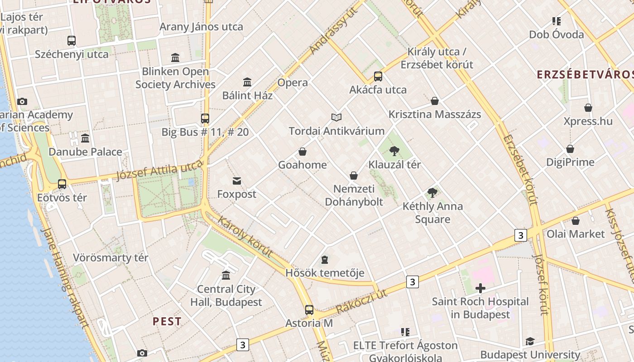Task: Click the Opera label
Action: click(293, 83)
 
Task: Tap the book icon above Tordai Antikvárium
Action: click(336, 118)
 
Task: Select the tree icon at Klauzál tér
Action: click(394, 151)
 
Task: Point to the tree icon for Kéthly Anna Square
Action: click(432, 193)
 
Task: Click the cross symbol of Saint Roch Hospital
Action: click(480, 288)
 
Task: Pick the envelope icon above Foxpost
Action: click(236, 181)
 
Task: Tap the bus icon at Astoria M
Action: click(309, 310)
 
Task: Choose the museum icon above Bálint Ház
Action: click(247, 82)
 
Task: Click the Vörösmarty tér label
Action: click(110, 258)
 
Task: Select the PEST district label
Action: click(167, 322)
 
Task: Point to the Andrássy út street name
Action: click(333, 30)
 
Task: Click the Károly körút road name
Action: click(245, 237)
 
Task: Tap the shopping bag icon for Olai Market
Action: click(575, 221)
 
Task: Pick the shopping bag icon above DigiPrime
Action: click(570, 149)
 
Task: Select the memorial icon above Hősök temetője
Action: click(325, 260)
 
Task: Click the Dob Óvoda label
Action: click(557, 34)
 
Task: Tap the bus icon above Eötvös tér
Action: click(62, 184)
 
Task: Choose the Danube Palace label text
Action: click(85, 152)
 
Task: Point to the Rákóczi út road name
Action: click(362, 301)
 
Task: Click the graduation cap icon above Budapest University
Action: click(530, 341)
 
